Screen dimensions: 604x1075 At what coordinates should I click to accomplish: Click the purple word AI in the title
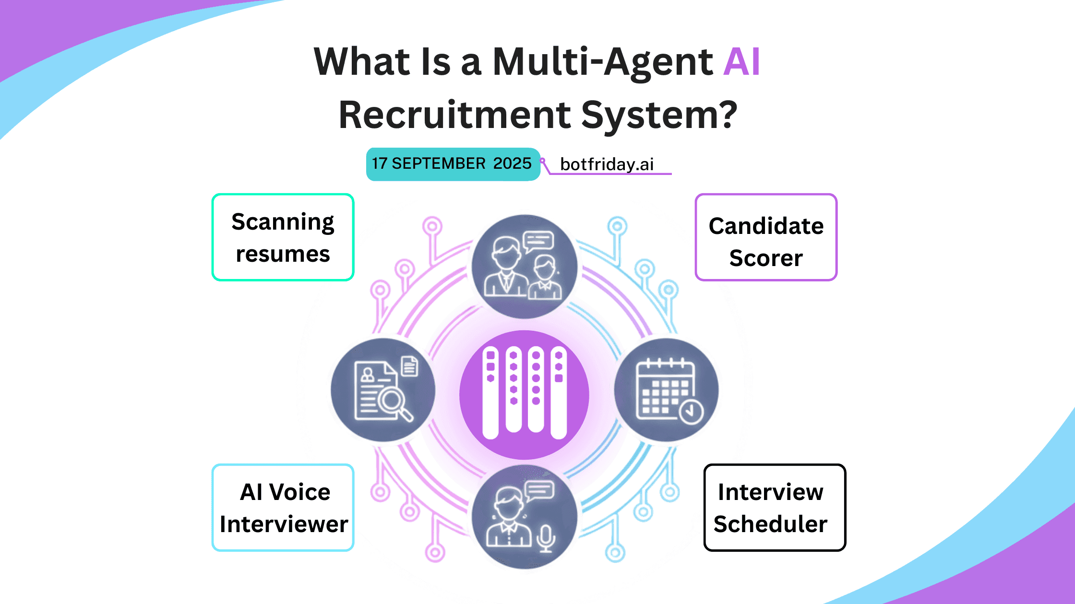(741, 62)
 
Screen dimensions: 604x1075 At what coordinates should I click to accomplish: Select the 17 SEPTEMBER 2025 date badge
(453, 164)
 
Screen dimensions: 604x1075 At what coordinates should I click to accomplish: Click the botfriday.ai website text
(607, 164)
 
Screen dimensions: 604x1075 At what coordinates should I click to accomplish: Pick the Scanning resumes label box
(283, 237)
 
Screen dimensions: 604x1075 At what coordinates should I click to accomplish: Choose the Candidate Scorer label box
(766, 237)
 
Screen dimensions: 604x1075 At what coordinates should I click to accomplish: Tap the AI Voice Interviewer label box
(283, 508)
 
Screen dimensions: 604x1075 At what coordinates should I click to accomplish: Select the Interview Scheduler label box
(774, 508)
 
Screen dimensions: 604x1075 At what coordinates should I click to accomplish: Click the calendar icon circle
(666, 390)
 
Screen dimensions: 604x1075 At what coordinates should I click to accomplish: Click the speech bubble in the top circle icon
(538, 241)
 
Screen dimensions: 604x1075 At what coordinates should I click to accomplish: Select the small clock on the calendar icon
(691, 411)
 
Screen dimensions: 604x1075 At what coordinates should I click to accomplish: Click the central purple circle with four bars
(524, 395)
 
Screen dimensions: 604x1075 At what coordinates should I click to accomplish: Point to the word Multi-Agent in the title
(603, 62)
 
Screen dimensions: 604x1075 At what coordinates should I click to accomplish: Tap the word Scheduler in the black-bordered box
(770, 524)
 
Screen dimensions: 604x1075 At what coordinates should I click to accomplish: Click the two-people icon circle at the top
(524, 267)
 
